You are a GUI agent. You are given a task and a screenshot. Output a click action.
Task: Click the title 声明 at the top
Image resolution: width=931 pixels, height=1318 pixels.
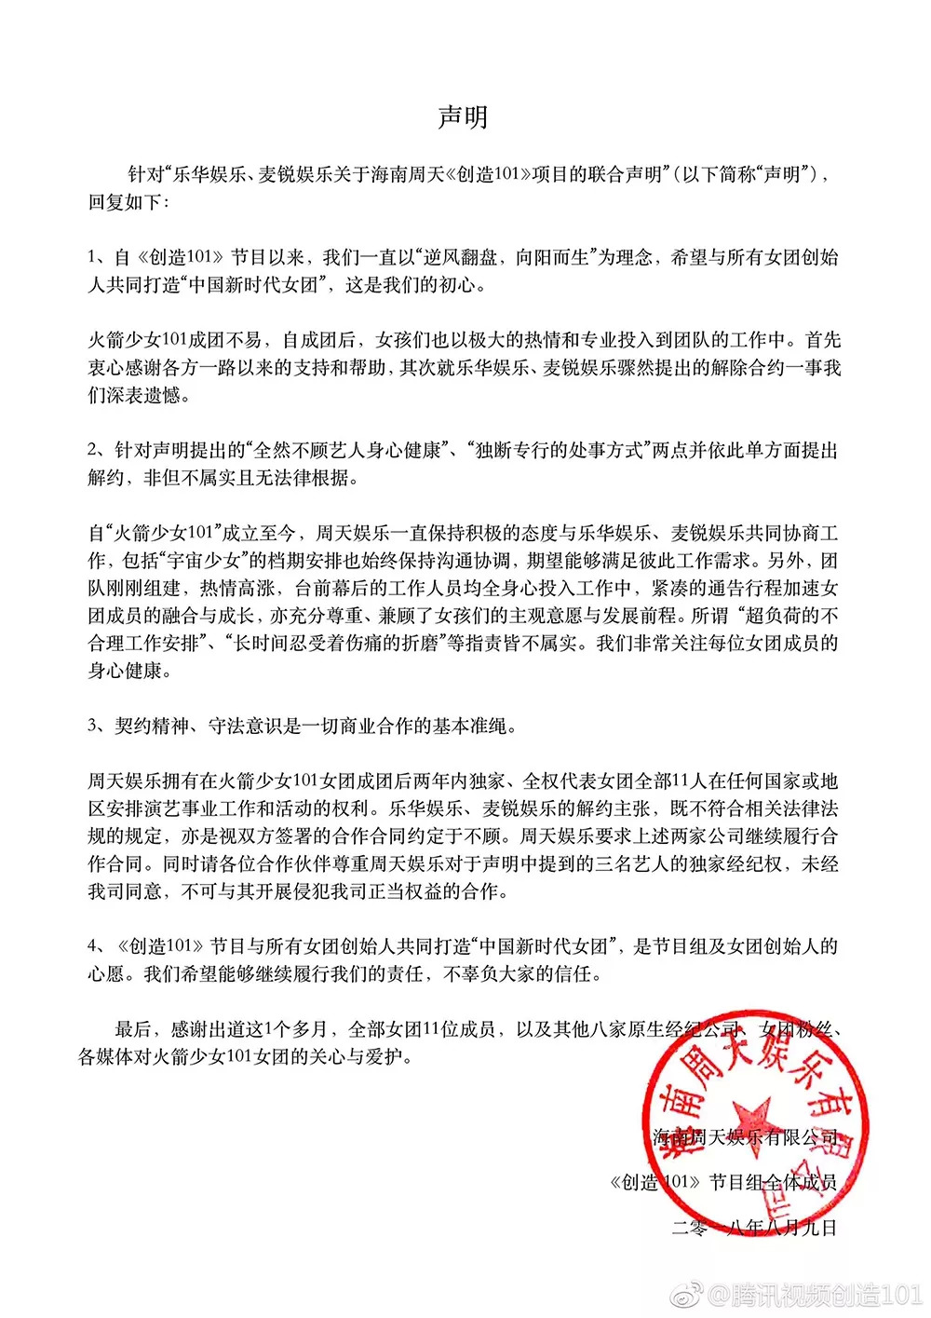click(463, 117)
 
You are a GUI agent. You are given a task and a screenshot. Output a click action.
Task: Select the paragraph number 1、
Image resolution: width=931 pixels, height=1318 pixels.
click(100, 257)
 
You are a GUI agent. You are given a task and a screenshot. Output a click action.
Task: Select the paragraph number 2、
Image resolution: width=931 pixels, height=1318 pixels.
click(100, 451)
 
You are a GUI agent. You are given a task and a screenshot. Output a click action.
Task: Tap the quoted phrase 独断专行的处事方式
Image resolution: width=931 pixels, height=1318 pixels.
click(560, 451)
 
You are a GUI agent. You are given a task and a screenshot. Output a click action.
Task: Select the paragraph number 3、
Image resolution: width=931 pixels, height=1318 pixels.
click(100, 726)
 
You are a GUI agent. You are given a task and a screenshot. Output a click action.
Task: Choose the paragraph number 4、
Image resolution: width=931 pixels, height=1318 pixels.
click(100, 946)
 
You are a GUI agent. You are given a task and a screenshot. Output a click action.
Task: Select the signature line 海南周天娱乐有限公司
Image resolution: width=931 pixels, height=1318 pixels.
click(745, 1137)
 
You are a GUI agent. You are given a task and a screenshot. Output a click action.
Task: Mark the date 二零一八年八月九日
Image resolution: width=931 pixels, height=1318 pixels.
click(754, 1228)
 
